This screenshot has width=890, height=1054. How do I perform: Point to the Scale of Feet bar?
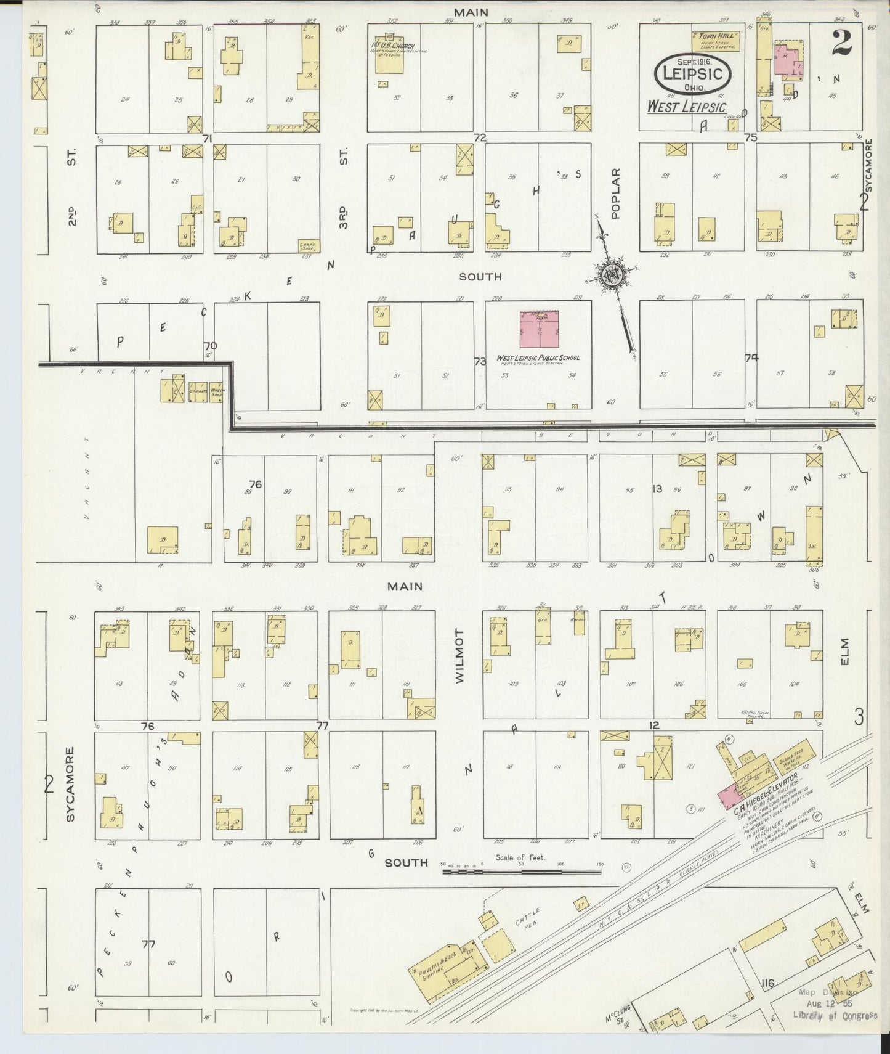522,872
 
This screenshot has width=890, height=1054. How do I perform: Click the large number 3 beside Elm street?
859,716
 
